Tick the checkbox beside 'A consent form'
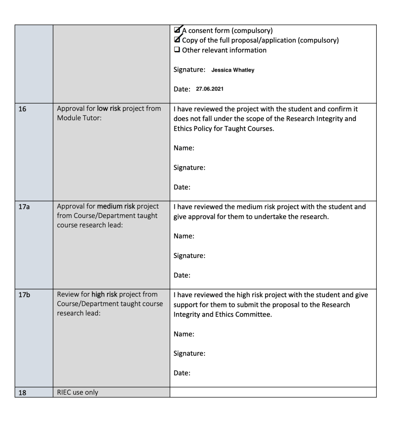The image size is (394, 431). coord(177,30)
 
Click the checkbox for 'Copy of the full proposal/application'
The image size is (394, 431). coord(177,40)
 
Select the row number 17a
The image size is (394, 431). coord(23,207)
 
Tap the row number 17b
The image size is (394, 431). coord(23,295)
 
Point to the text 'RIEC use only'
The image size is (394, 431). coord(78,392)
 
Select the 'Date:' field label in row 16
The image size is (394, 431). coord(182,187)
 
